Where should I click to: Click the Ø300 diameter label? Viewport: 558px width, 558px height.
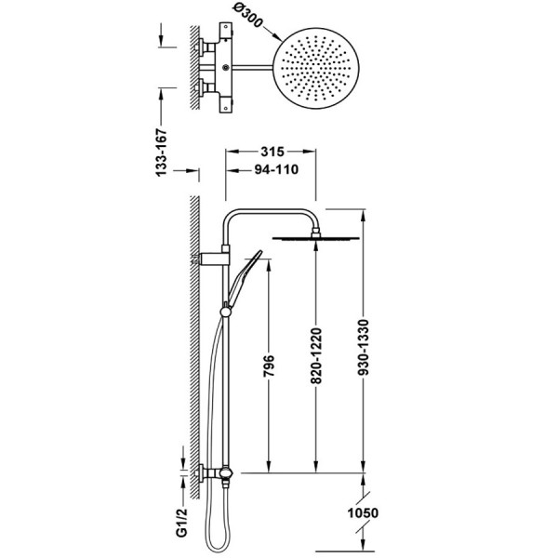[248, 17]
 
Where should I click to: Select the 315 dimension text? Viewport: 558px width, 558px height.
[272, 152]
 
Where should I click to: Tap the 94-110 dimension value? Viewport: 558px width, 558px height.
[276, 170]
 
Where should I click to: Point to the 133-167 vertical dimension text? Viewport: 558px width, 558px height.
[161, 153]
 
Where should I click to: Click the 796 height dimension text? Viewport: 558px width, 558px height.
[269, 365]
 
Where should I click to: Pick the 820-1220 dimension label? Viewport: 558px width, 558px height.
[316, 356]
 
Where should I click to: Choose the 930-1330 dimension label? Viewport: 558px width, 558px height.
[364, 348]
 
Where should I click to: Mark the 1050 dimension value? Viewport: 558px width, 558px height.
[363, 512]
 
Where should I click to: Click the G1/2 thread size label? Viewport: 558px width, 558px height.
[182, 522]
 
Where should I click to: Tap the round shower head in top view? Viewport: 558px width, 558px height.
[315, 68]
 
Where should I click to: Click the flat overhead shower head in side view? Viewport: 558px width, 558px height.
[315, 238]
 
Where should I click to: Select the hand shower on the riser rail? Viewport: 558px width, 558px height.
[244, 279]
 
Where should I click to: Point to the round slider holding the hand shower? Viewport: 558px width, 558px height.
[225, 312]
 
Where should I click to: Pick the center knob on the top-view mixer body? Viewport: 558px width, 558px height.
[225, 67]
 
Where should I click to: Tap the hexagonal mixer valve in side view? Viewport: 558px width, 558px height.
[226, 473]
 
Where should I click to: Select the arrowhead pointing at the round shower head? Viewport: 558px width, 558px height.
[277, 36]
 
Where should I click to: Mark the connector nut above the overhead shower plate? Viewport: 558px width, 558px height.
[315, 232]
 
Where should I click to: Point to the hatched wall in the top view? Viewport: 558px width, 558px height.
[194, 68]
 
